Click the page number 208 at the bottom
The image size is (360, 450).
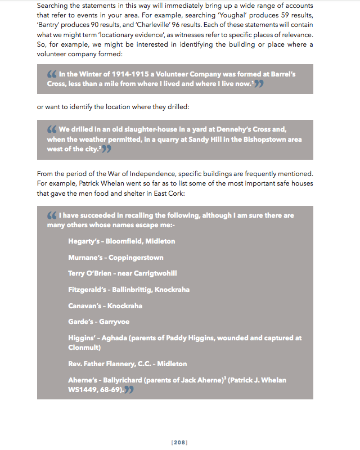(179, 442)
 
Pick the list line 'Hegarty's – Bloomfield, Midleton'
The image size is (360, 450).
(121, 241)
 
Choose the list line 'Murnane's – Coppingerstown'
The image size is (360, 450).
(116, 257)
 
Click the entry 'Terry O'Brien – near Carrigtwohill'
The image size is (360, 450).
(122, 273)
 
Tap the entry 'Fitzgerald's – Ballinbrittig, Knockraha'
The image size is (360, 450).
(129, 290)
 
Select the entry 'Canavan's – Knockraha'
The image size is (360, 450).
(105, 306)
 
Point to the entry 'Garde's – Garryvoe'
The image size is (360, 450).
(99, 322)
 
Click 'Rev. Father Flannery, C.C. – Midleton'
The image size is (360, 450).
(128, 364)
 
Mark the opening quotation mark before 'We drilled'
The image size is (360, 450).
(52, 129)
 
